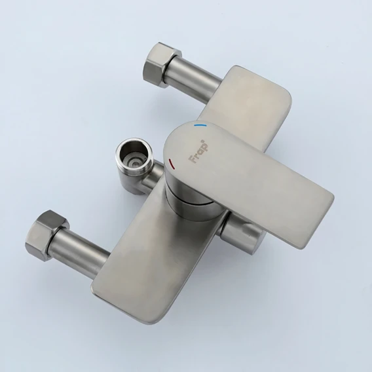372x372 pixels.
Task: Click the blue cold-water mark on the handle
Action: click(x=200, y=125)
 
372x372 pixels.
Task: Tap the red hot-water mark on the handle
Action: click(x=172, y=164)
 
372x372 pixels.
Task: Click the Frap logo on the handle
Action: click(x=198, y=151)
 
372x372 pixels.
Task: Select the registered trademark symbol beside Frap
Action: click(x=203, y=141)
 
